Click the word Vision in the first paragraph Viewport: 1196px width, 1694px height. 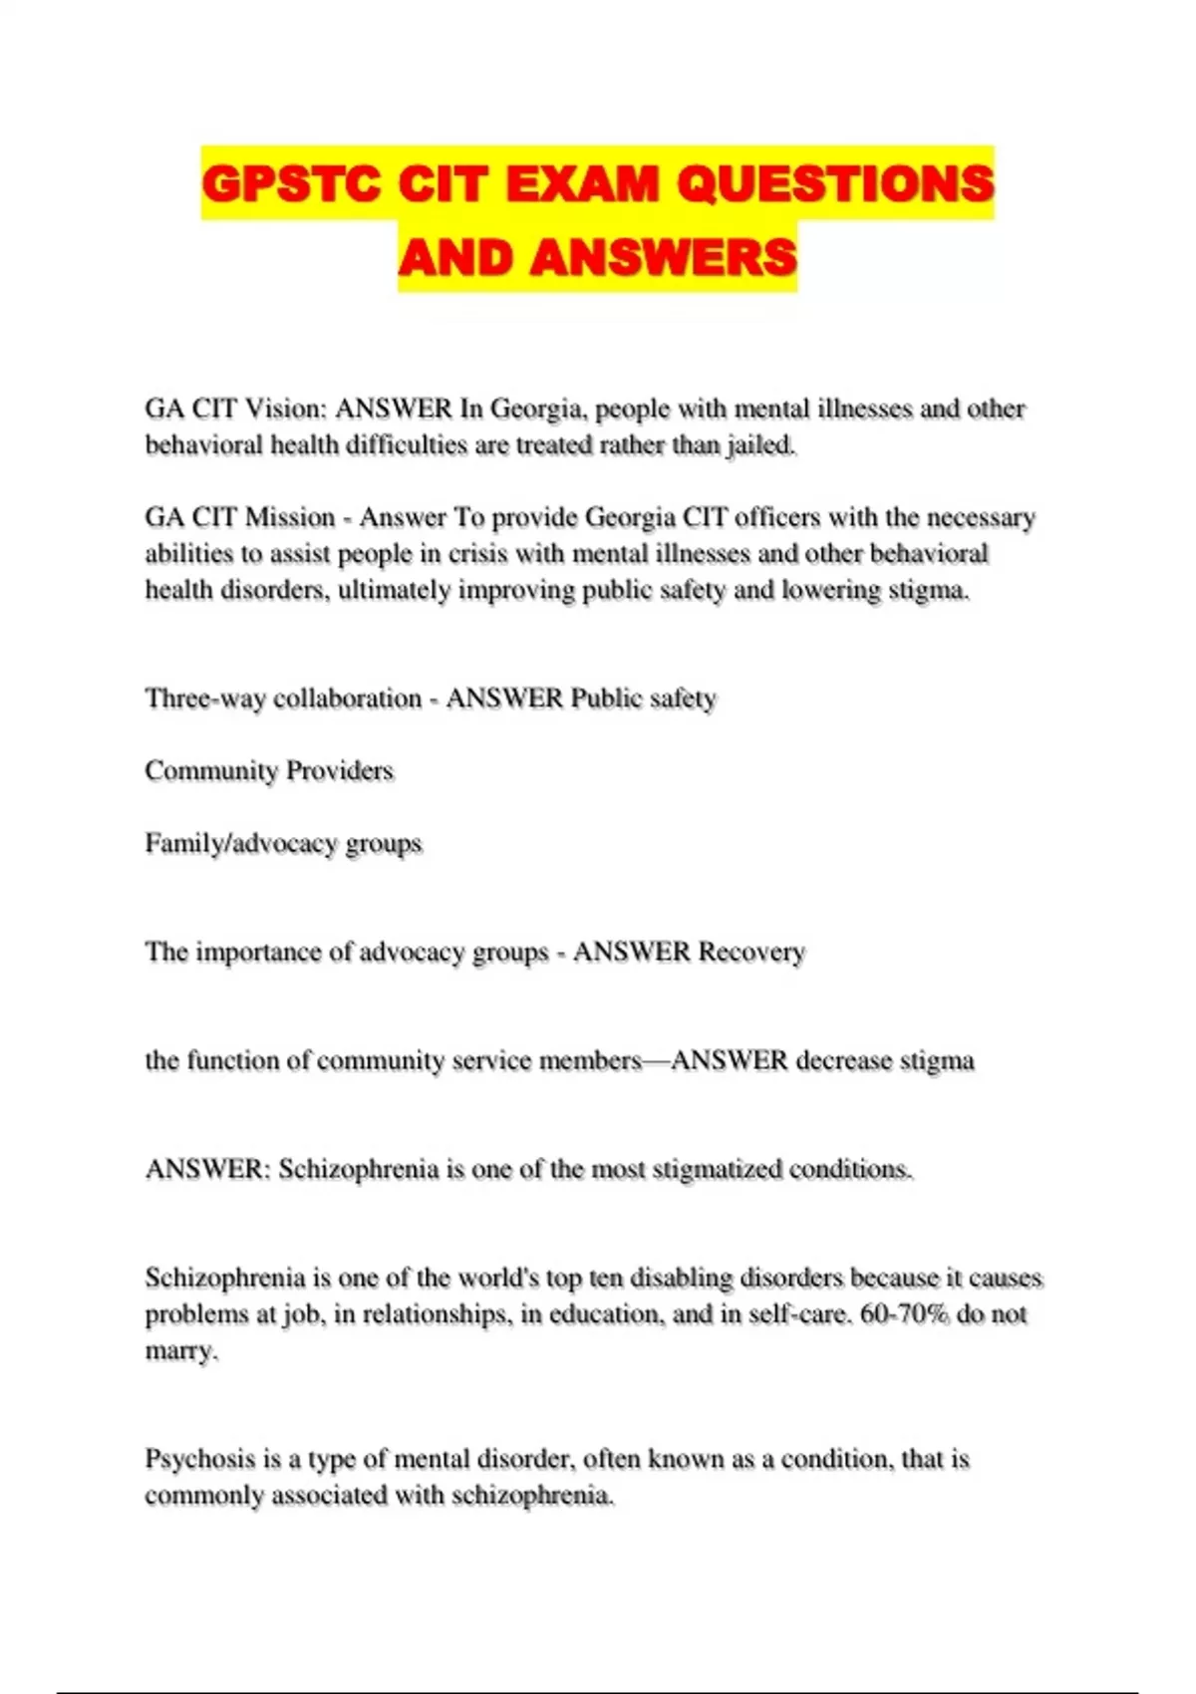click(x=284, y=409)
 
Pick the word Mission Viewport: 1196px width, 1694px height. click(x=290, y=517)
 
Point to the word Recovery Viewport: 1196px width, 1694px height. click(x=750, y=953)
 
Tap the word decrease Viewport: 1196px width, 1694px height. click(x=843, y=1061)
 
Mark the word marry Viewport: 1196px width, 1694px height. click(x=180, y=1352)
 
